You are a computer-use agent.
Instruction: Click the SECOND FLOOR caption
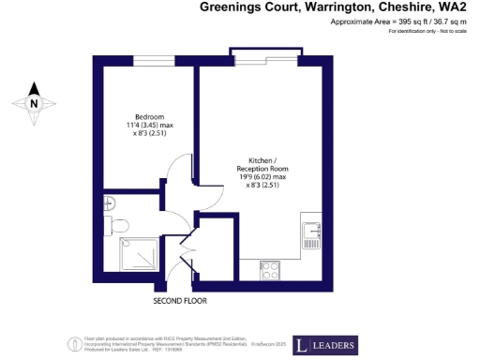[x=179, y=302]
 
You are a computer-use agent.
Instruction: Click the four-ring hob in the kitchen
[x=270, y=269]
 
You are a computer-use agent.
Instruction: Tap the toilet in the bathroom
[x=114, y=226]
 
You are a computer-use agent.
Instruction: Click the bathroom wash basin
[x=109, y=202]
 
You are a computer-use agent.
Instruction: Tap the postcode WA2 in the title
[x=454, y=7]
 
